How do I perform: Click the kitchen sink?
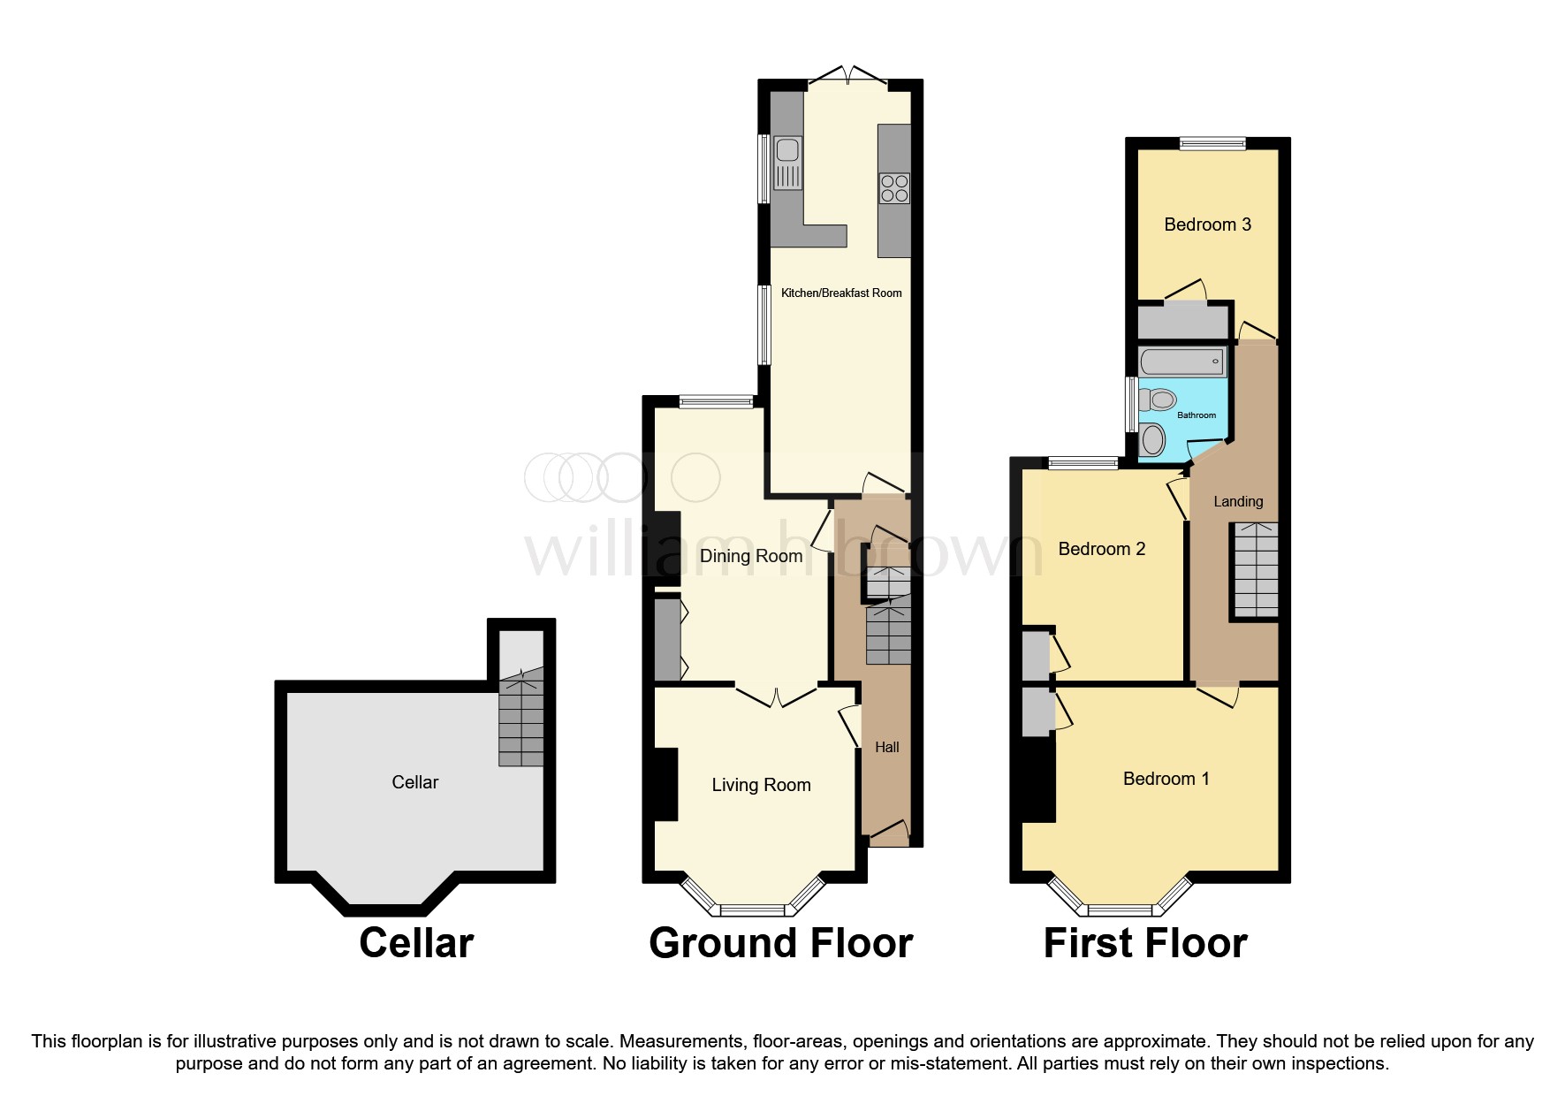(x=787, y=164)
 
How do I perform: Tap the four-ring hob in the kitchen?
(x=894, y=188)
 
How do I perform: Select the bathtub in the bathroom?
(x=1181, y=362)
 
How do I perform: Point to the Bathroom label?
(x=1196, y=415)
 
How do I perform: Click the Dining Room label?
(x=750, y=556)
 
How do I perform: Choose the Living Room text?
(x=761, y=785)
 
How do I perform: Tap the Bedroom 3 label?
(x=1207, y=225)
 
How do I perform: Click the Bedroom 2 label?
(x=1101, y=549)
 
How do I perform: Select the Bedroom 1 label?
(x=1166, y=779)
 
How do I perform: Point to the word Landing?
(x=1237, y=501)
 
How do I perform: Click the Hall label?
(x=886, y=747)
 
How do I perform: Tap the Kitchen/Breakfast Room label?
(x=841, y=293)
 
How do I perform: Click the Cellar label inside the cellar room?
(x=414, y=782)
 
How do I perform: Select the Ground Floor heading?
(x=780, y=943)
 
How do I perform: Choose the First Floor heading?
(x=1144, y=943)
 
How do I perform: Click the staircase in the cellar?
(x=520, y=720)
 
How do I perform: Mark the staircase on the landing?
(x=1255, y=570)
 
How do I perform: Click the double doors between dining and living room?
(x=776, y=697)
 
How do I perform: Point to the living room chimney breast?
(x=665, y=785)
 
